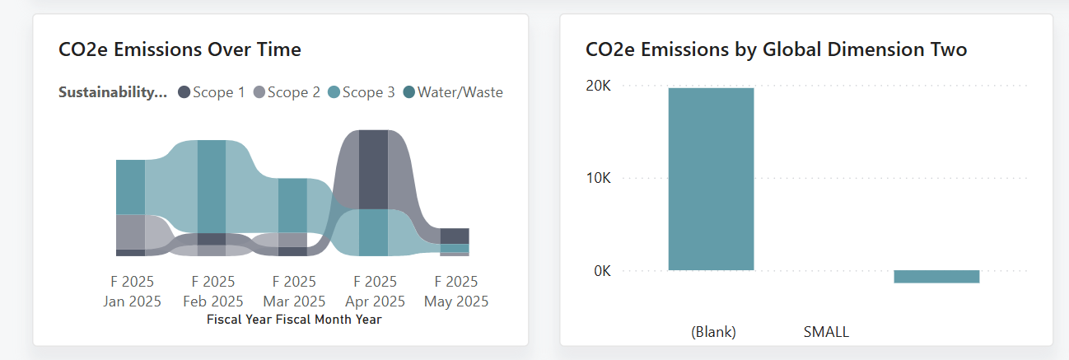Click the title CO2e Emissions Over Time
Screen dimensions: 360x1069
click(180, 49)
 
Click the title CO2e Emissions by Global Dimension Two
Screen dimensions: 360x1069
click(776, 50)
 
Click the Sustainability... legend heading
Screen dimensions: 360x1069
click(113, 92)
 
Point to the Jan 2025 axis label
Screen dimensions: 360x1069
click(132, 301)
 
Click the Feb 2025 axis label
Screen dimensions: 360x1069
click(212, 301)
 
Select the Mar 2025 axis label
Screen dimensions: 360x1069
click(294, 301)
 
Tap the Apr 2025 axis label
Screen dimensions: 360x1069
click(375, 301)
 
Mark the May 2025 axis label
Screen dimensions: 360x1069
click(456, 301)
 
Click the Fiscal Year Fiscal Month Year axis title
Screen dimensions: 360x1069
click(294, 319)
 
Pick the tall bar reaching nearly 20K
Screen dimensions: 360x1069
click(711, 179)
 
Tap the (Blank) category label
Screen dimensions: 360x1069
click(713, 332)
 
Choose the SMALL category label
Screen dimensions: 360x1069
click(825, 332)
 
